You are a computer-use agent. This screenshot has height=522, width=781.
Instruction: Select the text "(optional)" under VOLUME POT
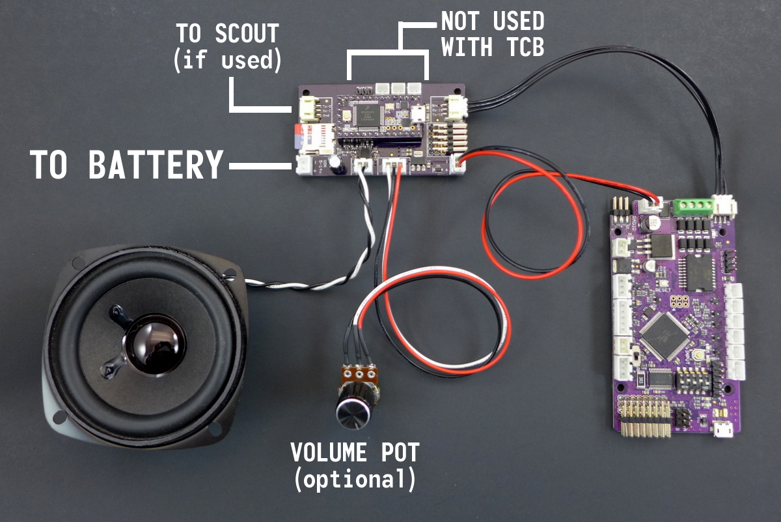[354, 480]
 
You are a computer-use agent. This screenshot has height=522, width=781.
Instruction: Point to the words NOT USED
[492, 22]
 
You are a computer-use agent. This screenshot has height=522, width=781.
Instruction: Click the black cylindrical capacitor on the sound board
[336, 164]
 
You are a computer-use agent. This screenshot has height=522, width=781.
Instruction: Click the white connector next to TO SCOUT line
[308, 108]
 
